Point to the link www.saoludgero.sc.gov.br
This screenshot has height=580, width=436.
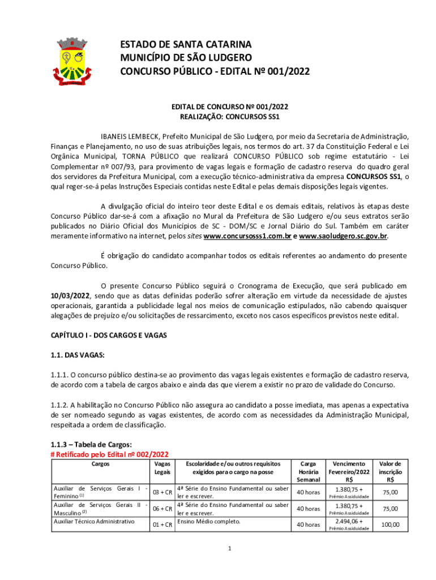[x=343, y=236]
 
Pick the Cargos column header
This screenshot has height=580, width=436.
[x=100, y=464]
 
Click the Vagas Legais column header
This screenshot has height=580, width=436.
[x=162, y=468]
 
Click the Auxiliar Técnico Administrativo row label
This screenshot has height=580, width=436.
[x=93, y=521]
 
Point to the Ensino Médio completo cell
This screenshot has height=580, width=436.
[x=208, y=521]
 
